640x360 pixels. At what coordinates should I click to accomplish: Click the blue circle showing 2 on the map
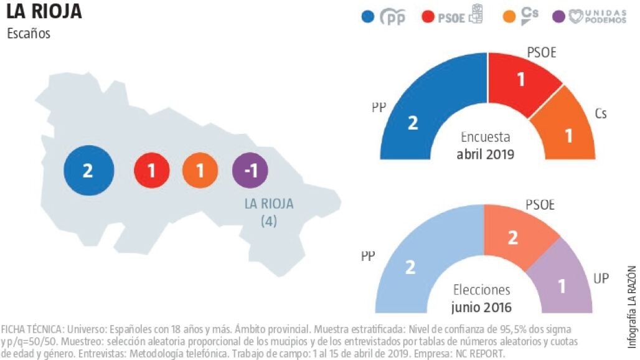(x=89, y=170)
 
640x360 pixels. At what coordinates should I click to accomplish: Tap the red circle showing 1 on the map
(x=151, y=170)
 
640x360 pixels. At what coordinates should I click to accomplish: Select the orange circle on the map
(x=200, y=170)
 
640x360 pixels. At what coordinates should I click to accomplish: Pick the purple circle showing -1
(x=250, y=170)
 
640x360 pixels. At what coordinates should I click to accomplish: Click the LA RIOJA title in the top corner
(x=44, y=11)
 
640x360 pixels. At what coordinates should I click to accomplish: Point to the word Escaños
(x=29, y=33)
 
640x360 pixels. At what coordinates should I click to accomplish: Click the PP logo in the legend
(x=393, y=17)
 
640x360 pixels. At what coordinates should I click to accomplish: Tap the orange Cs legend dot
(x=509, y=17)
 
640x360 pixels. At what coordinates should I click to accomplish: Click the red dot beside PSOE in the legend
(x=427, y=17)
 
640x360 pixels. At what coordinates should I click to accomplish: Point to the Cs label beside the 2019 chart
(x=601, y=113)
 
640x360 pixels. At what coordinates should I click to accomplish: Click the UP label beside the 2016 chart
(x=601, y=278)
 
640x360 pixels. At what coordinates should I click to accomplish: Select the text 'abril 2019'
(x=486, y=154)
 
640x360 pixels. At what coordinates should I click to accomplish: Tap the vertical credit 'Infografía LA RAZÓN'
(x=632, y=307)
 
